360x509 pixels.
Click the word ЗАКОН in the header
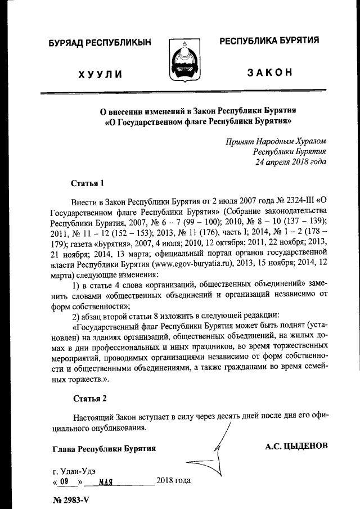tap(269, 73)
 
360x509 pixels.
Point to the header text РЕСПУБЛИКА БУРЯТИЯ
tap(269, 40)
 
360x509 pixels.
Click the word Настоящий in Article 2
tap(92, 418)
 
